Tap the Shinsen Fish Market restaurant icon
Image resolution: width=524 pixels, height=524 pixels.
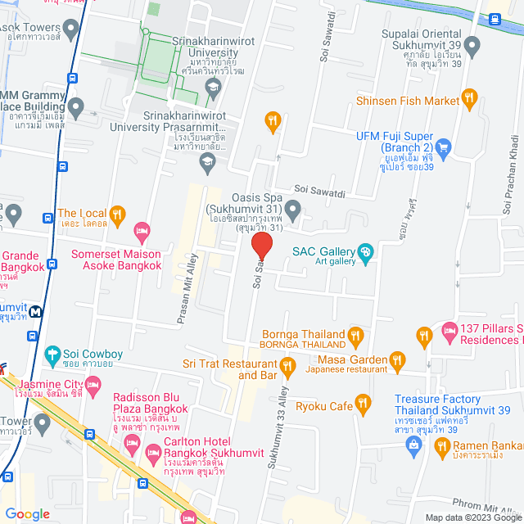click(x=469, y=100)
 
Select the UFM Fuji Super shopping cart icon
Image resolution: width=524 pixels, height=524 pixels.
click(x=444, y=147)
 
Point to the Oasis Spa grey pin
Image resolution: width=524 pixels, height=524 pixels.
click(x=291, y=215)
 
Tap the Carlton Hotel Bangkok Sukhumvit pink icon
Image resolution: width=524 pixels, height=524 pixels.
click(x=151, y=452)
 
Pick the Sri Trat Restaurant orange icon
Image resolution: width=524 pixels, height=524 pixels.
click(x=287, y=369)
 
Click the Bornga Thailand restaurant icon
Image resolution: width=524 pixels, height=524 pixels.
click(x=355, y=334)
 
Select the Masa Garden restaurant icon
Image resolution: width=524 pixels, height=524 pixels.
click(x=397, y=359)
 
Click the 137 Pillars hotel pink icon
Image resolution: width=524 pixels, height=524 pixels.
click(x=449, y=330)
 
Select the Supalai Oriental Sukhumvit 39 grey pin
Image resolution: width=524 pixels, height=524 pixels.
click(x=471, y=45)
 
